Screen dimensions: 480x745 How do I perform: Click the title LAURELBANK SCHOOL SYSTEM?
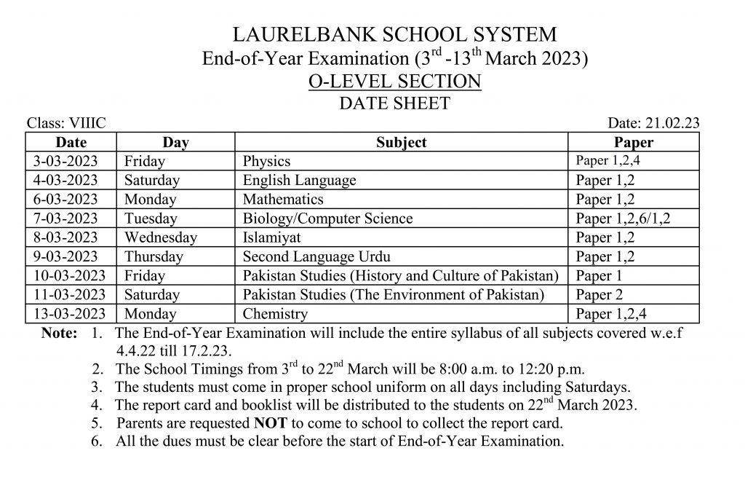pyautogui.click(x=394, y=34)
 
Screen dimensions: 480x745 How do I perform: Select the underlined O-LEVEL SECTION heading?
pyautogui.click(x=394, y=81)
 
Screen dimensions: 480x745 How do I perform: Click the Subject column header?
pyautogui.click(x=401, y=142)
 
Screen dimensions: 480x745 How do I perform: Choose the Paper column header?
pyautogui.click(x=633, y=142)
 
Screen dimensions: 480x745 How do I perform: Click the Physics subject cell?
pyautogui.click(x=266, y=161)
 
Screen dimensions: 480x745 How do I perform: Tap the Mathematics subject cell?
pyautogui.click(x=283, y=199)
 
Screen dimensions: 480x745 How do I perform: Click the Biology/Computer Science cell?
pyautogui.click(x=327, y=219)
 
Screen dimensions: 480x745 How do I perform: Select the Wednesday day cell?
pyautogui.click(x=160, y=237)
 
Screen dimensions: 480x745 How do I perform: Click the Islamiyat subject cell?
pyautogui.click(x=271, y=237)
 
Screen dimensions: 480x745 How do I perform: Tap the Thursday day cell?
pyautogui.click(x=154, y=256)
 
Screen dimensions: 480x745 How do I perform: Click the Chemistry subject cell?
pyautogui.click(x=275, y=314)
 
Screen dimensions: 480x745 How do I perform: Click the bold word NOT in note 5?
pyautogui.click(x=269, y=422)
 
